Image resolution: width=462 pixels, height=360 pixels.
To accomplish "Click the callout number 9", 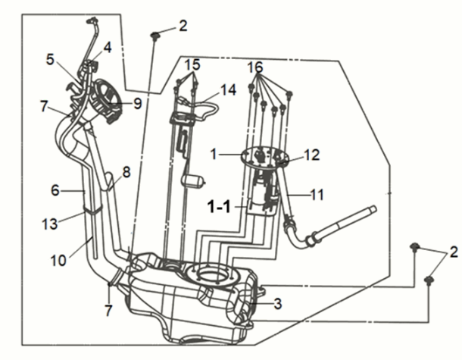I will tap(137, 102).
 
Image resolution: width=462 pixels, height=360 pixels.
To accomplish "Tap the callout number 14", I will tap(229, 89).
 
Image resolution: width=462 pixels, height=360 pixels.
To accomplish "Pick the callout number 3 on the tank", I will tap(278, 304).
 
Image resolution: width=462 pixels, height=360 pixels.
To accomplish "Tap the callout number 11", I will tap(317, 195).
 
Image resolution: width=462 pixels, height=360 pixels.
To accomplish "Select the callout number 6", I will tap(55, 191).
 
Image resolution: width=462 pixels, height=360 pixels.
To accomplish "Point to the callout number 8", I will tap(126, 172).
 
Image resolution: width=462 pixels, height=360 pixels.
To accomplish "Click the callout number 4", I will tap(108, 46).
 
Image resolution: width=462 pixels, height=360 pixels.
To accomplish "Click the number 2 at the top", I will tap(183, 27).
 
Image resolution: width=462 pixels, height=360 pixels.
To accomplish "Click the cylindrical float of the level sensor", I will tap(198, 181).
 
